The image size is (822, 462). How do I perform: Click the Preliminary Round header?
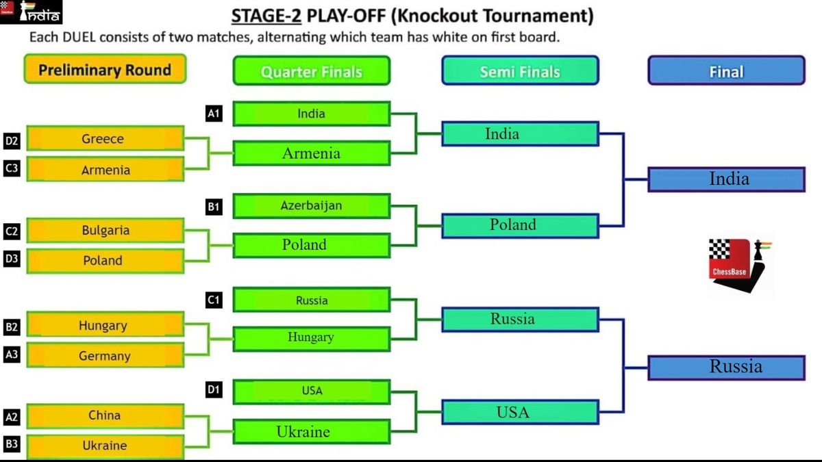[105, 70]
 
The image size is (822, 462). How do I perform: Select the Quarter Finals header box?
[311, 71]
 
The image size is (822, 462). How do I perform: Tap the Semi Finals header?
[520, 71]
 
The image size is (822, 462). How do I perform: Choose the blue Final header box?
[726, 71]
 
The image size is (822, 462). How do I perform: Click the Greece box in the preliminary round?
[105, 139]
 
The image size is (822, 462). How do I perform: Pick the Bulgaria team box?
[105, 230]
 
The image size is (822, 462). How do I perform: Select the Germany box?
[105, 356]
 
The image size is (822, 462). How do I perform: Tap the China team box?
[105, 415]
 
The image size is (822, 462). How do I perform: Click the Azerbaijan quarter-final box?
[311, 205]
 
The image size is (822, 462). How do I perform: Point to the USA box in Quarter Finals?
[311, 392]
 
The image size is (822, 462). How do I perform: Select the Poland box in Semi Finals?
[520, 225]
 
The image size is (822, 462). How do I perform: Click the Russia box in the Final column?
[726, 367]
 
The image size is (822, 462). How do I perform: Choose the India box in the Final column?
[726, 179]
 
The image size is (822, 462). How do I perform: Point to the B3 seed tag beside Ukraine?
[12, 445]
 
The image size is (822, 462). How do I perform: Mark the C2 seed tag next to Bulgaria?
[12, 232]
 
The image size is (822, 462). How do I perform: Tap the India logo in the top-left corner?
[32, 12]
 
